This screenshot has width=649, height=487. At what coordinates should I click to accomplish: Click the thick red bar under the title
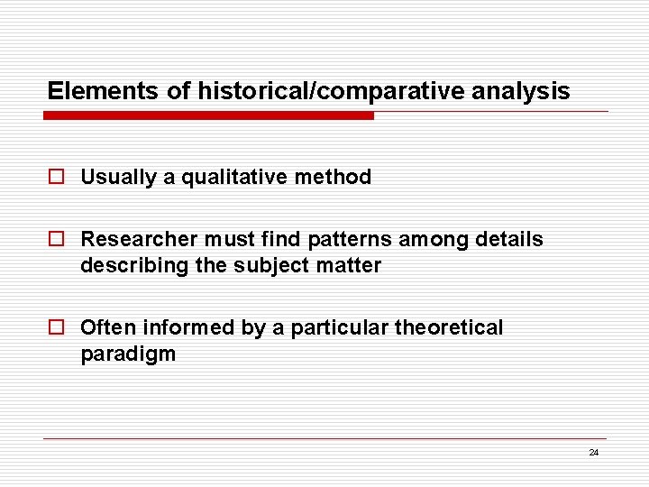click(208, 116)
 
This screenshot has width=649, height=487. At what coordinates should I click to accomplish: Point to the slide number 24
click(593, 453)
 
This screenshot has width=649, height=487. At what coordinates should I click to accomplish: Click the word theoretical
click(449, 328)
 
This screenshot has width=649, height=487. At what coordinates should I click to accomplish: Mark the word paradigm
click(128, 354)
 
